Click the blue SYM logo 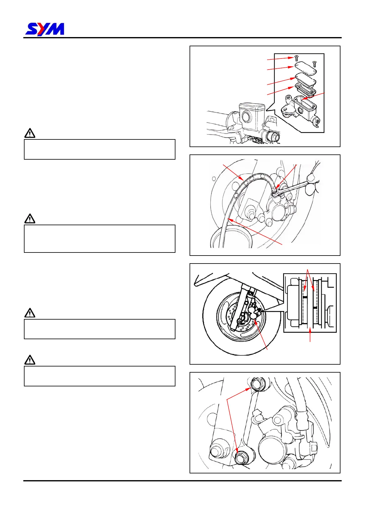pyautogui.click(x=45, y=29)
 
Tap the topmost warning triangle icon pyautogui.click(x=30, y=134)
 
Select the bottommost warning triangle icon pyautogui.click(x=30, y=360)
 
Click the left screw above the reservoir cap pyautogui.click(x=296, y=58)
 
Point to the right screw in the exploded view pyautogui.click(x=314, y=64)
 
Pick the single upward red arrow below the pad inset pyautogui.click(x=310, y=334)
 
